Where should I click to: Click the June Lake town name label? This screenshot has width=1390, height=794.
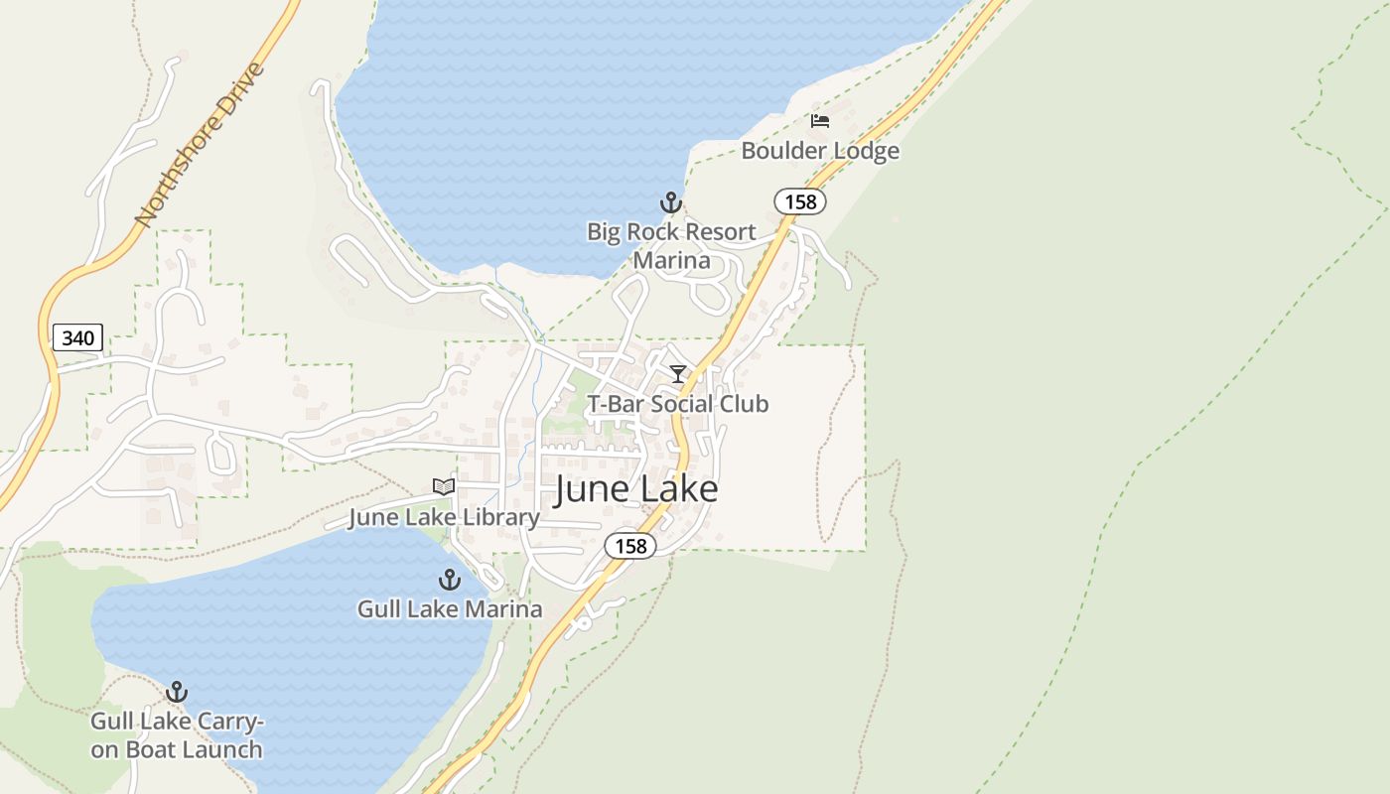[x=635, y=489]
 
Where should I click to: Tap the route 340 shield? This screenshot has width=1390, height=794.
[x=77, y=337]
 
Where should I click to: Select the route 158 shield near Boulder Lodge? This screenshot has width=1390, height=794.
[x=799, y=201]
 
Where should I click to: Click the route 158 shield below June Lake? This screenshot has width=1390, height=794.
[x=630, y=545]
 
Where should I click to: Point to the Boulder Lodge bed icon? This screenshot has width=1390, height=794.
[x=820, y=121]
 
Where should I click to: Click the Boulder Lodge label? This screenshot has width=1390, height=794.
[x=820, y=151]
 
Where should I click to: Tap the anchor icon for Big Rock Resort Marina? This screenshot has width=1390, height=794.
[x=671, y=202]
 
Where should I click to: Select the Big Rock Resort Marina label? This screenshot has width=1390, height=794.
[x=671, y=246]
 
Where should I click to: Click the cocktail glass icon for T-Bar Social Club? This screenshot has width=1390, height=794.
[x=678, y=374]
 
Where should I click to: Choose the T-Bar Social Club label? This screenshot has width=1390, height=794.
[x=678, y=404]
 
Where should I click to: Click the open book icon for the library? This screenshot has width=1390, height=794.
[x=444, y=486]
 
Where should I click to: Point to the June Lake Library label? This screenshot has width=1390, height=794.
[x=444, y=517]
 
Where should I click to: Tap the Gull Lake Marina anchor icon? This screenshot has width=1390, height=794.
[x=450, y=580]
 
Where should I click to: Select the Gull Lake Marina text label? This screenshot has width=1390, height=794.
[x=450, y=608]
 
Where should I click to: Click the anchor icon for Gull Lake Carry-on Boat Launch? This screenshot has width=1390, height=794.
[x=177, y=692]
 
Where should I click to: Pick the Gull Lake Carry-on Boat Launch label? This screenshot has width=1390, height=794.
[x=177, y=735]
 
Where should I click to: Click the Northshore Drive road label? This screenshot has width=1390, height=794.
[x=201, y=144]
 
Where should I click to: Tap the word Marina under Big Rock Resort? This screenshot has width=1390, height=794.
[x=672, y=261]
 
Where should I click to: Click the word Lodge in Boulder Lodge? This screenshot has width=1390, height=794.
[x=864, y=151]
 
